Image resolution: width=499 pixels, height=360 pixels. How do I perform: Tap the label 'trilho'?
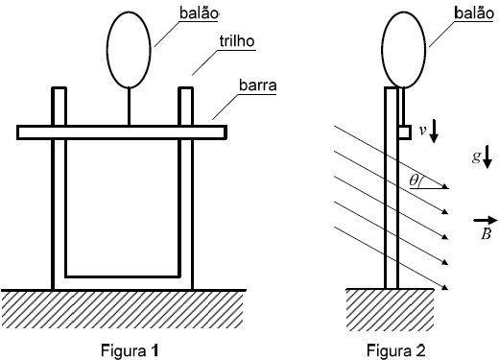[x=237, y=41]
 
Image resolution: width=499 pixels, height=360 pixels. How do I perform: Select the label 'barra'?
[x=258, y=85]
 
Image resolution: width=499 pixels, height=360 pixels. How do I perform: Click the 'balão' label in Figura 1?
[x=199, y=13]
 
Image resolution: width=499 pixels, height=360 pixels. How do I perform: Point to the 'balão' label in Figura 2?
[x=474, y=13]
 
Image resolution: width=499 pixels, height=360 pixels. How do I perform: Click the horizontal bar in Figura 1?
[x=122, y=132]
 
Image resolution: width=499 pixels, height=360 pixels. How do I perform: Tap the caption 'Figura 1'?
[x=130, y=350]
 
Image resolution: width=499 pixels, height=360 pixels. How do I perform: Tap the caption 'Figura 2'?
[x=396, y=350]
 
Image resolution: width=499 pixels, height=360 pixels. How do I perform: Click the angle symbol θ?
[x=414, y=180]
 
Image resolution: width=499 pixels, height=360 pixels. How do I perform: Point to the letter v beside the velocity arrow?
[x=423, y=131]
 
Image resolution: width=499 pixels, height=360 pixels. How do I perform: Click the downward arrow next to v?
[x=434, y=131]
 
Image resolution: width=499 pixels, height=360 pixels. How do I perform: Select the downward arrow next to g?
[x=487, y=156]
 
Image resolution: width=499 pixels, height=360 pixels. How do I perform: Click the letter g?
[x=476, y=156]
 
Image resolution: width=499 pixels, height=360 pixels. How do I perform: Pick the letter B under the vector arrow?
[x=486, y=234]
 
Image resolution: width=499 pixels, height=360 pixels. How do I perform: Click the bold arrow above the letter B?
[x=486, y=220]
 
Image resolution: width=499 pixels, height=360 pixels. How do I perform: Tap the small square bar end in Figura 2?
[x=405, y=132]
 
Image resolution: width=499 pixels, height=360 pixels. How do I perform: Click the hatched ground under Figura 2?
[x=390, y=309]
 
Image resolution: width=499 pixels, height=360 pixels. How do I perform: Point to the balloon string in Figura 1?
[x=129, y=107]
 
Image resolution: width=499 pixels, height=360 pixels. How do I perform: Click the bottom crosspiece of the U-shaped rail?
[x=122, y=283]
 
